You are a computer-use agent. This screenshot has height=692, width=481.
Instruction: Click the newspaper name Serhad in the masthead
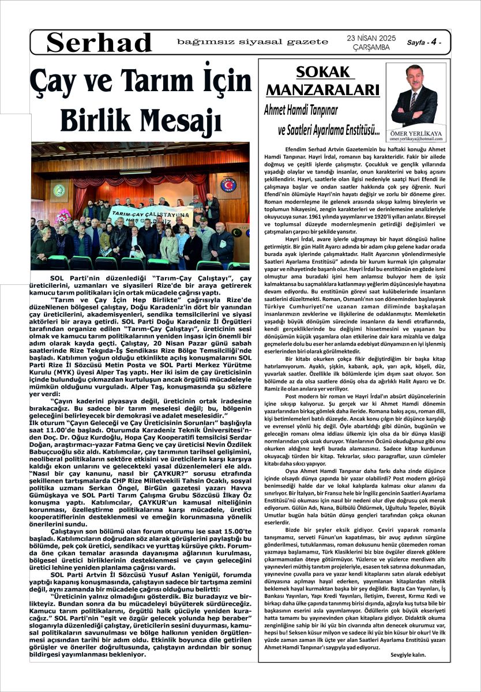pos(99,43)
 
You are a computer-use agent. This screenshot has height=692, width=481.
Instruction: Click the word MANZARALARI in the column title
pos(322,89)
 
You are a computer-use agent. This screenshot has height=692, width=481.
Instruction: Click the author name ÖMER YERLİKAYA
pos(415,132)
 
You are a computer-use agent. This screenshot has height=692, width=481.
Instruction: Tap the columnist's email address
pos(415,139)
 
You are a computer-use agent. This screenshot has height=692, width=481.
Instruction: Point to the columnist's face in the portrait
pos(414,77)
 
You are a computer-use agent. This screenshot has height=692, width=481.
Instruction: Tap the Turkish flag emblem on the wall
pos(228,185)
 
